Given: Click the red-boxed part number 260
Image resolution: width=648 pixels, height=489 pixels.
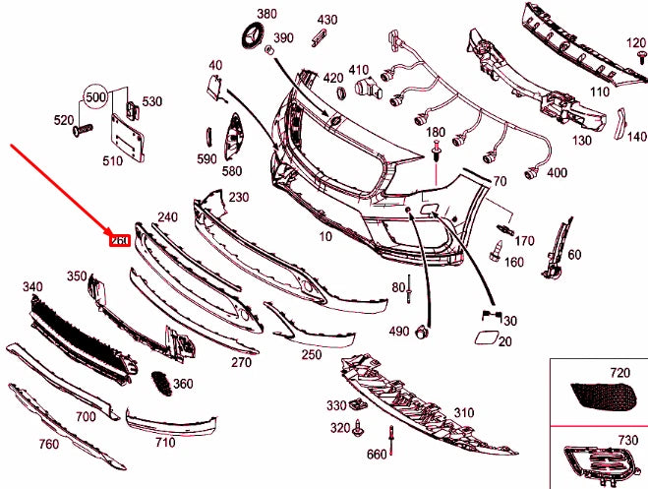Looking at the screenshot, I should click(120, 239).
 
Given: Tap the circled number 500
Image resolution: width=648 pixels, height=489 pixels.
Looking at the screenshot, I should click(94, 97).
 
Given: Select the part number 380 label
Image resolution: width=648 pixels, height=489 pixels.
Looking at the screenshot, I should click(266, 14).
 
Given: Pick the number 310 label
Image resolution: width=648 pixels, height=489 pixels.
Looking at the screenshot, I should click(463, 412).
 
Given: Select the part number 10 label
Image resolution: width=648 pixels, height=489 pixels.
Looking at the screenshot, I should click(325, 237).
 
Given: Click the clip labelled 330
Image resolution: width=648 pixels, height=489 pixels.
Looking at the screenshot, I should click(359, 403).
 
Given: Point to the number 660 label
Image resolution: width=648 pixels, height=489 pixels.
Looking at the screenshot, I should click(377, 454).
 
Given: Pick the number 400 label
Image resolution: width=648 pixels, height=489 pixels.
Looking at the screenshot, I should click(557, 173).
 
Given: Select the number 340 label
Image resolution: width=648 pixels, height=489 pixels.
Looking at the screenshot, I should click(33, 286).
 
